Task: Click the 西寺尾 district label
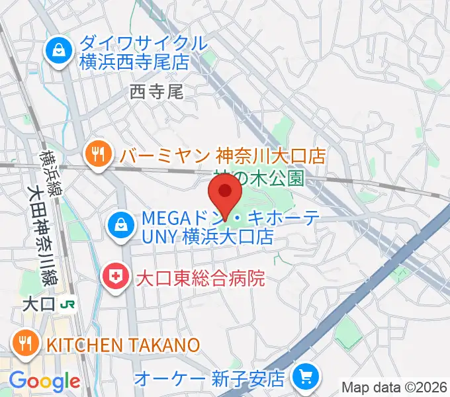coord(156,91)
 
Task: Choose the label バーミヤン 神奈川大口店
coord(223,156)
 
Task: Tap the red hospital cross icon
coord(115,277)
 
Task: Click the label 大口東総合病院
coord(200,277)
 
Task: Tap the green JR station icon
coord(67,304)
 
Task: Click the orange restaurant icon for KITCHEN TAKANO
coord(25,342)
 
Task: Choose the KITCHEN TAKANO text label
coord(122,344)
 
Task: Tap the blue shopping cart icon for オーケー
coord(304,378)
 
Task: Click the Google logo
coord(44,380)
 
